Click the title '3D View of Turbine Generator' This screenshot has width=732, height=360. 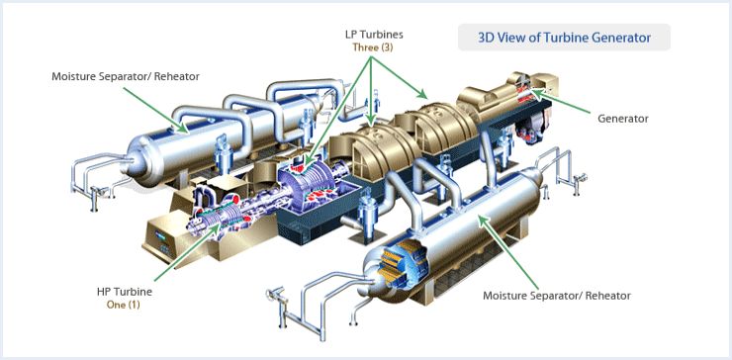pos(564,38)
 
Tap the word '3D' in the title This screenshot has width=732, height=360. pos(487,38)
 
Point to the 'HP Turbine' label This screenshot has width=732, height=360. pos(124,292)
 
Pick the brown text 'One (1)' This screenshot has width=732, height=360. pos(124,305)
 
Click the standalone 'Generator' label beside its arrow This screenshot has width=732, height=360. pos(623,119)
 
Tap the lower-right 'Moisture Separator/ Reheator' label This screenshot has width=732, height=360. pos(556,296)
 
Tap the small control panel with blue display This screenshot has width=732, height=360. pos(164,237)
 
